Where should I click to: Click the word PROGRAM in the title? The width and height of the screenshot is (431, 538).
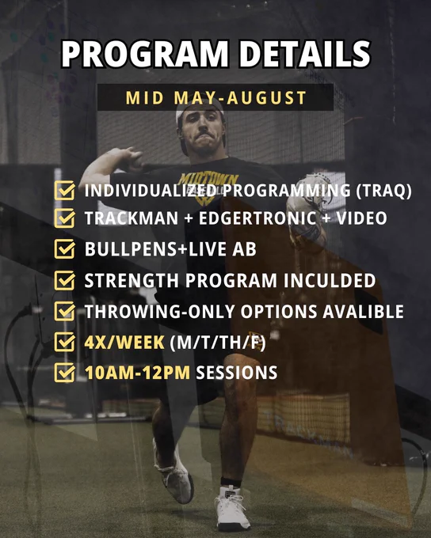point(145,55)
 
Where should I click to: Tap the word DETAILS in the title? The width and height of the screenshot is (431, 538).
point(305,55)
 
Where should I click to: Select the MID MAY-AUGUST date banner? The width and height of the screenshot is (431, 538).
point(215,98)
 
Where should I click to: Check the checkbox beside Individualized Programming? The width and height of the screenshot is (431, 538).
point(65,190)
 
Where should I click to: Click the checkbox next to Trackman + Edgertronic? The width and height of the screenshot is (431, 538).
point(65,218)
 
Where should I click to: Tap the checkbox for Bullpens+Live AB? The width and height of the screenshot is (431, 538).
point(65,248)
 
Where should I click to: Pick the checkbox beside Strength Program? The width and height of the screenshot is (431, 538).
point(65,280)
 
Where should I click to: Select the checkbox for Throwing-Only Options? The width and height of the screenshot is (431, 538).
point(65,311)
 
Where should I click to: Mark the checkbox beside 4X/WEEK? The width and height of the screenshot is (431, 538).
point(65,342)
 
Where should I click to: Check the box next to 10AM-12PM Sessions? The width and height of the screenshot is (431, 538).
point(65,373)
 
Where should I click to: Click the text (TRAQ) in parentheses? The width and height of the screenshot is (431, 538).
point(383,191)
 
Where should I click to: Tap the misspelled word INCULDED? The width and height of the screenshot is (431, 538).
point(330,280)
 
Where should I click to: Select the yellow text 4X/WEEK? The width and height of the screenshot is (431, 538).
point(124,343)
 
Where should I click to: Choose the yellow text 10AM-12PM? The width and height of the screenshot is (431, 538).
point(137,373)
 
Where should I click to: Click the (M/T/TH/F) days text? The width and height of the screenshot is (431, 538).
point(218,343)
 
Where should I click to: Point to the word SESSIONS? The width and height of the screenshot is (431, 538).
point(236,373)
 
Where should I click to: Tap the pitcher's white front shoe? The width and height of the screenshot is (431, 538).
point(231,508)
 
